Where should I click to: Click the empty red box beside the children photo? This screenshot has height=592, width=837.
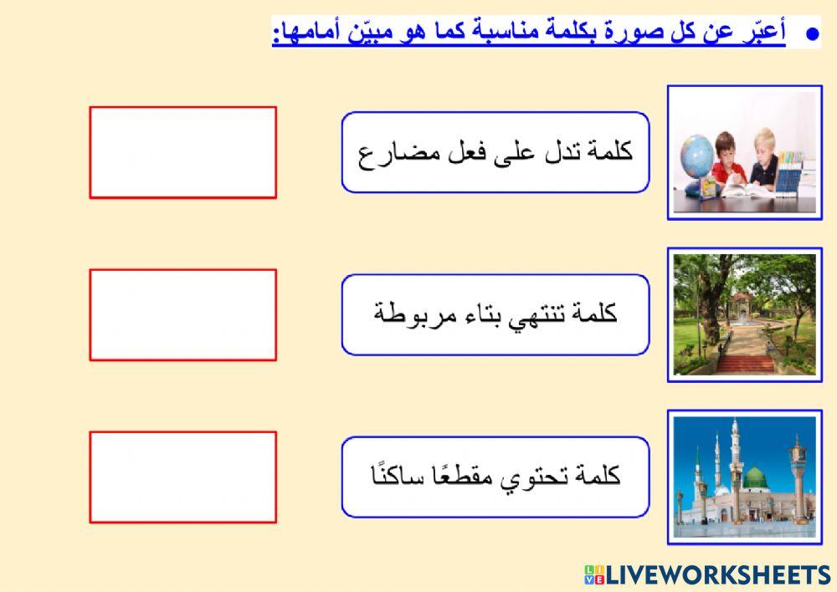tap(182, 152)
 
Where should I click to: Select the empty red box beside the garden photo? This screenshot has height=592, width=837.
tap(182, 314)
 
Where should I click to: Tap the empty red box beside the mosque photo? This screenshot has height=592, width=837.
tap(182, 477)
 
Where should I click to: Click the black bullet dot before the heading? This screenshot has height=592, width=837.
tap(810, 33)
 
